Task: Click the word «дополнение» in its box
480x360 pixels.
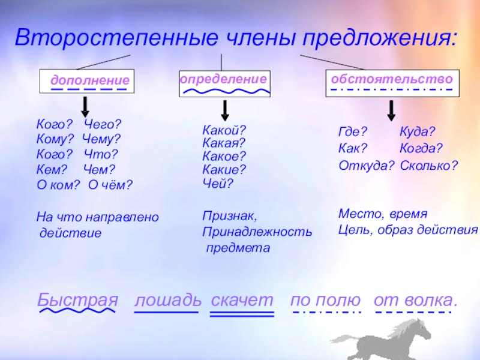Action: coord(90,80)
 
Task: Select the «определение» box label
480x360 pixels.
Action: coord(223,79)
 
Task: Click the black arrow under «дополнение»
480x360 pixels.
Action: coord(85,106)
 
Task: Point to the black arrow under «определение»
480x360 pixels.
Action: coord(224,110)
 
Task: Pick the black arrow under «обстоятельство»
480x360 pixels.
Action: coord(391,110)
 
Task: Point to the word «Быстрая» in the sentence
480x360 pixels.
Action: coord(77,300)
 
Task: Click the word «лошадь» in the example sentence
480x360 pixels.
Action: coord(166,300)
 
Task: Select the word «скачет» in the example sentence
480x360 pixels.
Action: coord(242,300)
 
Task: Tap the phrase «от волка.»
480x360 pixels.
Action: coord(415,300)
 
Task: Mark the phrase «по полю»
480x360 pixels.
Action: coord(326,300)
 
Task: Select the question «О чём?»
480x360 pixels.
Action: coord(110,184)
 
